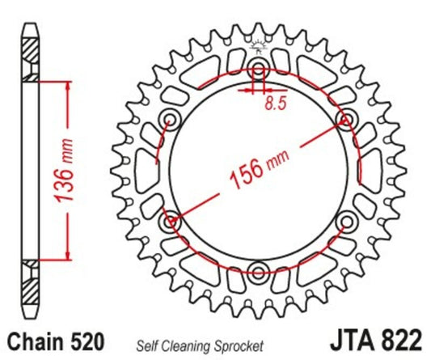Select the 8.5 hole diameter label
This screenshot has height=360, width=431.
(x=276, y=103)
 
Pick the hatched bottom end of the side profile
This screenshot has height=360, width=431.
(x=30, y=287)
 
